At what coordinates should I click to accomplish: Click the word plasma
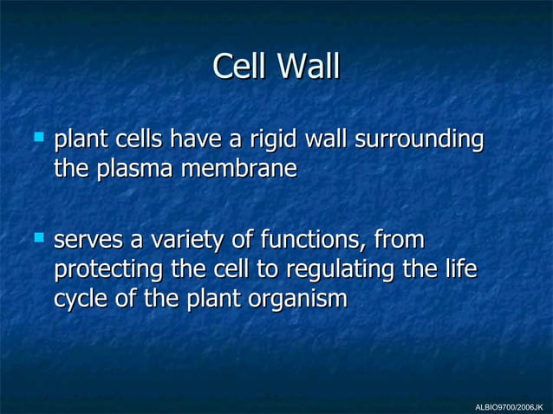pos(132,168)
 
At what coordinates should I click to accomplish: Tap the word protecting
pos(108,269)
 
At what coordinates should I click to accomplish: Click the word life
pos(460,268)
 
